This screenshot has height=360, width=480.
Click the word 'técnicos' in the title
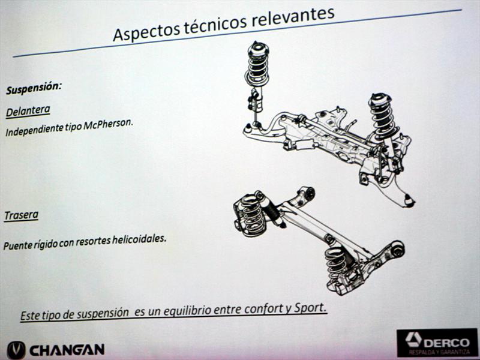[x=216, y=23]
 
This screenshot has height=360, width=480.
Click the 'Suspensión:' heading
[x=34, y=88]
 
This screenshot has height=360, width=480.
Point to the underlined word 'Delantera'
[x=28, y=111]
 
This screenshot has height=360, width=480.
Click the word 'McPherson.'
[x=109, y=125]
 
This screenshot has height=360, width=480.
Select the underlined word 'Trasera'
[x=21, y=215]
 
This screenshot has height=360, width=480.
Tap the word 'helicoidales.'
[x=139, y=239]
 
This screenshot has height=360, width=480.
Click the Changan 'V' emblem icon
[x=16, y=350]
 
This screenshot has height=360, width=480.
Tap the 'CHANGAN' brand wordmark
[x=67, y=350]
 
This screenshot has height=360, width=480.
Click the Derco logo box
[x=437, y=343]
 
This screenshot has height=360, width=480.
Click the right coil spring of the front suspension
[x=383, y=117]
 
